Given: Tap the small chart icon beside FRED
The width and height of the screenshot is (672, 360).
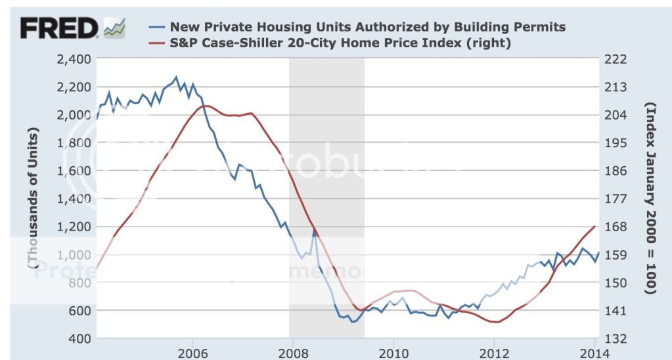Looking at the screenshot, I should [x=114, y=28].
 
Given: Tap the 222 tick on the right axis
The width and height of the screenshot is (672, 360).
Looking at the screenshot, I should [x=617, y=59].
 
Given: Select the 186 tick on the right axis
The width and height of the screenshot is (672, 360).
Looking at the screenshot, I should [x=617, y=171].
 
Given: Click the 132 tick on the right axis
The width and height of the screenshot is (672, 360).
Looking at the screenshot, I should [x=617, y=338].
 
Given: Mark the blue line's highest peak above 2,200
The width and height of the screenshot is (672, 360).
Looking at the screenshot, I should [x=175, y=77].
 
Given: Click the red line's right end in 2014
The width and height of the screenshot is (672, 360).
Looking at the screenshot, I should [x=594, y=226].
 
